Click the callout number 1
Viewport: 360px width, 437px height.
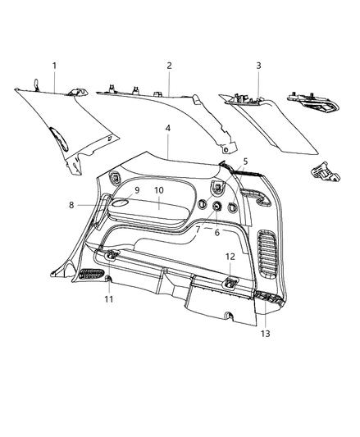click(55, 65)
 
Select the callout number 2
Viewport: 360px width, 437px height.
click(169, 65)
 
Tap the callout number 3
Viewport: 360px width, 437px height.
click(258, 65)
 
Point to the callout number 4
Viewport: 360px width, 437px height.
click(167, 129)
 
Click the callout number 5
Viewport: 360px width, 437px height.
click(244, 162)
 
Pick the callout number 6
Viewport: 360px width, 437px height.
click(217, 232)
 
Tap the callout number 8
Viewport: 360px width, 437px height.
click(72, 205)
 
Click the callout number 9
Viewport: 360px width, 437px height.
click(137, 190)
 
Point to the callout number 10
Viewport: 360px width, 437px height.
click(159, 190)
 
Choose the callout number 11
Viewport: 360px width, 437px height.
click(109, 299)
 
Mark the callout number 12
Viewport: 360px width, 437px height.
click(230, 257)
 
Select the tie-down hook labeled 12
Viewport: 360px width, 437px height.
click(230, 283)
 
